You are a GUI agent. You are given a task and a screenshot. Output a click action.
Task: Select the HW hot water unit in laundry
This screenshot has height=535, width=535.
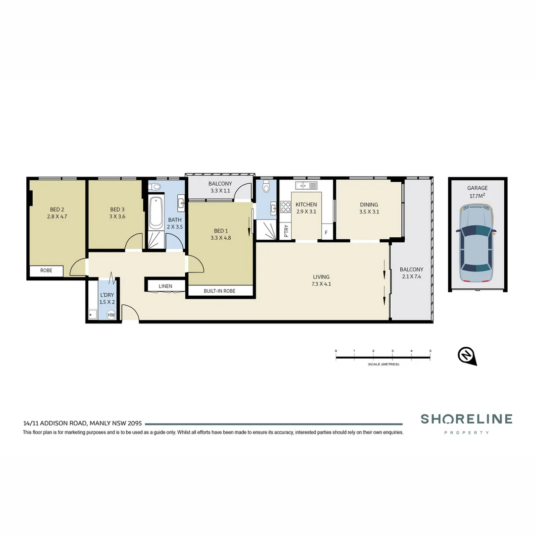(111, 315)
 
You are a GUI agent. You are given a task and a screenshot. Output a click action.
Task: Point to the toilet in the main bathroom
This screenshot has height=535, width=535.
(157, 187)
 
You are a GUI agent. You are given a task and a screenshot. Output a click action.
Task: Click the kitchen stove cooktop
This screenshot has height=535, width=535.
(285, 207)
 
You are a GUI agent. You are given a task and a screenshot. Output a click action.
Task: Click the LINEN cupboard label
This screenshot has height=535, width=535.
(165, 286)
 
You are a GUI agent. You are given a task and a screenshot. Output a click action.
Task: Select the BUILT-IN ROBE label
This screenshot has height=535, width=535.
(219, 291)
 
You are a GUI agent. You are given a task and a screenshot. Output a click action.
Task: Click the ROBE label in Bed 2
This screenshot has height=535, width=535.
(46, 271)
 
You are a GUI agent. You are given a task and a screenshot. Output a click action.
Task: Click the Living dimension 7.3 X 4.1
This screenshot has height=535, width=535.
(321, 284)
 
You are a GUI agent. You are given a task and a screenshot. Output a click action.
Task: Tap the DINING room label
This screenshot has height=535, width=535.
(369, 205)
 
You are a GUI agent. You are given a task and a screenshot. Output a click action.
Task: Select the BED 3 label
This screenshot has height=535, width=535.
(117, 209)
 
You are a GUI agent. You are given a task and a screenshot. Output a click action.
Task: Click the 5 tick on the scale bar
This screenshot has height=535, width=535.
(430, 351)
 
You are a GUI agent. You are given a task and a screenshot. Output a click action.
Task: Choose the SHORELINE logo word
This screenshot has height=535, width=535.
(466, 419)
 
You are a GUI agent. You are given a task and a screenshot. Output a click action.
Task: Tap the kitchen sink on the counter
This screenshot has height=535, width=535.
(306, 186)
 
